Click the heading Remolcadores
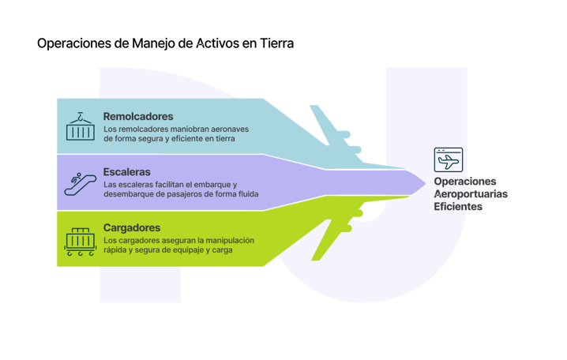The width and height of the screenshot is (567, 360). point(138,116)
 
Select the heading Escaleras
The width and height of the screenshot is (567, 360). point(126,171)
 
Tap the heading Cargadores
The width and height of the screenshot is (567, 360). point(132,227)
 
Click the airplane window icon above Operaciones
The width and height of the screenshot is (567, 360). point(449,160)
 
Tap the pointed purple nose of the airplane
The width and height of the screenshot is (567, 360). point(415,183)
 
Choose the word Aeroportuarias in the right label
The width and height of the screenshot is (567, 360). point(471,193)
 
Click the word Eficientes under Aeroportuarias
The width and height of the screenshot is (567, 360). point(458,207)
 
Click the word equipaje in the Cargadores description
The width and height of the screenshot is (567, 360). point(201,251)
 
